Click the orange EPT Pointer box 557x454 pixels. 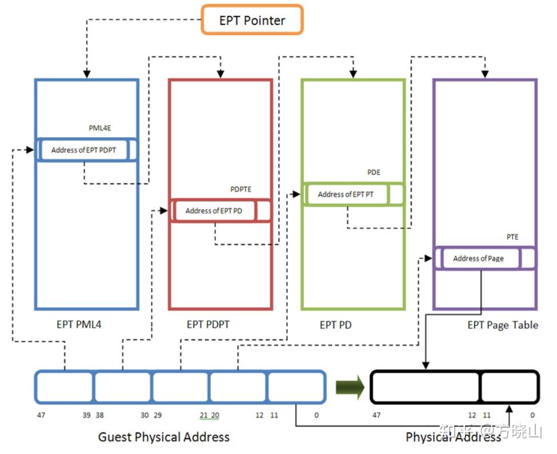pos(252,21)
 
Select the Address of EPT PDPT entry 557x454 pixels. pos(84,150)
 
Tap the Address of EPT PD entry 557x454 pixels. pos(214,211)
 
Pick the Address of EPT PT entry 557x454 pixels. pos(346,194)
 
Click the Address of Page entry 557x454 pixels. pos(478,258)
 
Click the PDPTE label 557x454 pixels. pos(241,189)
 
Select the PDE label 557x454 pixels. pos(374,172)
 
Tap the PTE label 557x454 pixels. pos(512,237)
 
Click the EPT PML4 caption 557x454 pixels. pos(79,325)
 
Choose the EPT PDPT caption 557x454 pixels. pos(208,325)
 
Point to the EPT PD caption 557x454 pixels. pos(335,325)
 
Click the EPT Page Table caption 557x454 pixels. pos(503,325)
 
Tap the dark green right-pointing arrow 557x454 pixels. pos(350,388)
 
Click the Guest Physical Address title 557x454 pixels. pos(164,437)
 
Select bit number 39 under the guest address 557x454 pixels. pos(86,415)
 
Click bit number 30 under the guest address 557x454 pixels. pos(144,415)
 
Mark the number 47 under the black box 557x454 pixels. pos(376,415)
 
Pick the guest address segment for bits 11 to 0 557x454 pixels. pos(296,387)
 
